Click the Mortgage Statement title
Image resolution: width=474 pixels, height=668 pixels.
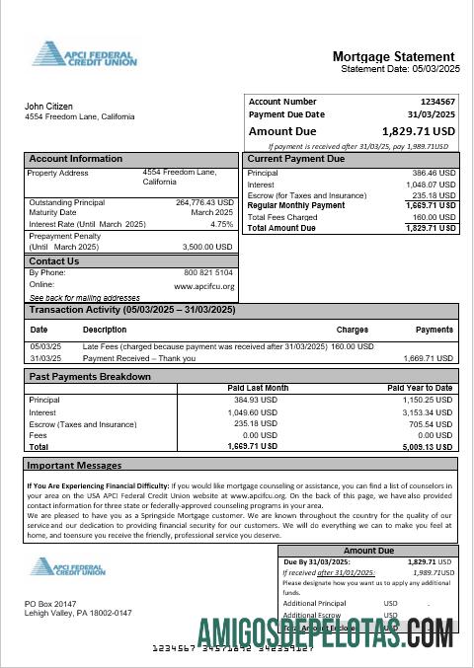tap(393, 56)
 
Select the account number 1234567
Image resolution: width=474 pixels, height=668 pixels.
tap(437, 102)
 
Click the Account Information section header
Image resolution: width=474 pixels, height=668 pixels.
tap(76, 159)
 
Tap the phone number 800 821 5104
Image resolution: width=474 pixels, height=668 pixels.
tap(208, 272)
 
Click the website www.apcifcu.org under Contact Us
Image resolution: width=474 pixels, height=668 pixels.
tap(203, 286)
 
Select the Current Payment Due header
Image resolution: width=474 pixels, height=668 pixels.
tap(295, 159)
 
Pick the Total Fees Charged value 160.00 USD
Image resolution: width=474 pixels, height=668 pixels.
tap(434, 217)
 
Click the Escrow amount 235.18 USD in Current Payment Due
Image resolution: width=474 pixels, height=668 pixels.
tap(434, 195)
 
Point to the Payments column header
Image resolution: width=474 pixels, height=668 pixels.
tap(434, 330)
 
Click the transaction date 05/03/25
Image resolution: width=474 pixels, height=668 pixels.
tap(45, 346)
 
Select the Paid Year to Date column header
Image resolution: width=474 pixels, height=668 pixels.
tap(420, 388)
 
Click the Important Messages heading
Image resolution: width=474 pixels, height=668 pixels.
tap(74, 465)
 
